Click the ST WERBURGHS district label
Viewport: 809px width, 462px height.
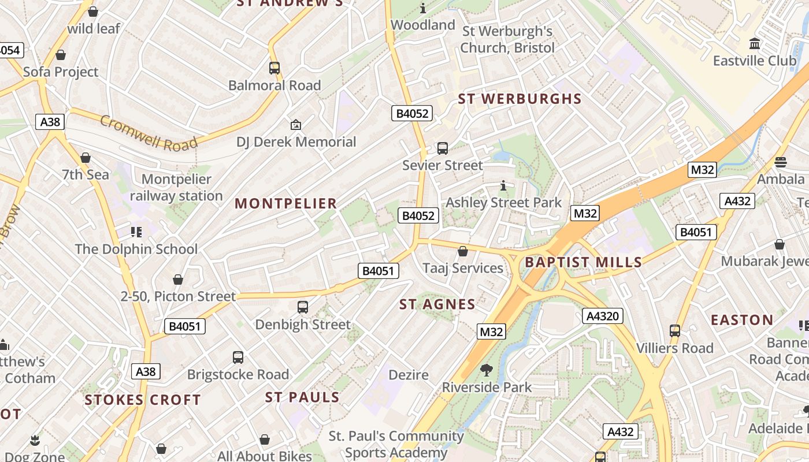point(519,99)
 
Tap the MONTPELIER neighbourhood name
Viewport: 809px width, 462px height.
point(286,203)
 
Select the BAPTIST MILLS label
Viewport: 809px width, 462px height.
point(583,262)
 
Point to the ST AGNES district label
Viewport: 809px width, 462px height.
point(437,304)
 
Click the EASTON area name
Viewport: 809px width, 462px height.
point(742,320)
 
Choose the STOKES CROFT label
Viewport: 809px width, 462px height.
point(143,400)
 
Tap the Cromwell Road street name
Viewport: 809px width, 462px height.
point(149,132)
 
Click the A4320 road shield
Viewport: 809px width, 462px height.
point(603,316)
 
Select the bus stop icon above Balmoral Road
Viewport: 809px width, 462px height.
point(274,68)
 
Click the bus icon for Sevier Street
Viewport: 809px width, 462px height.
point(443,148)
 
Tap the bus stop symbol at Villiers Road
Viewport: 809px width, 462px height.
point(675,331)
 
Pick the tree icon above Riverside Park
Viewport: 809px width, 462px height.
point(487,370)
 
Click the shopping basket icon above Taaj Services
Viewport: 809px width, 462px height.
point(463,251)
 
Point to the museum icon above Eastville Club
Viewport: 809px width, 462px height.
point(755,44)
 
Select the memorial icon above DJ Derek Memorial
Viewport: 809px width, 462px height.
point(296,125)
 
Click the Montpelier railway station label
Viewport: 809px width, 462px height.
point(176,188)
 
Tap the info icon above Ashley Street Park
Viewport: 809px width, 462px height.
point(503,186)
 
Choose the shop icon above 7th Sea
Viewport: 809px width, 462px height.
point(86,158)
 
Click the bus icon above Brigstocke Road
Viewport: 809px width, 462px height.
point(238,357)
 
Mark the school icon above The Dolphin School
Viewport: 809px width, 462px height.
point(136,232)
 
